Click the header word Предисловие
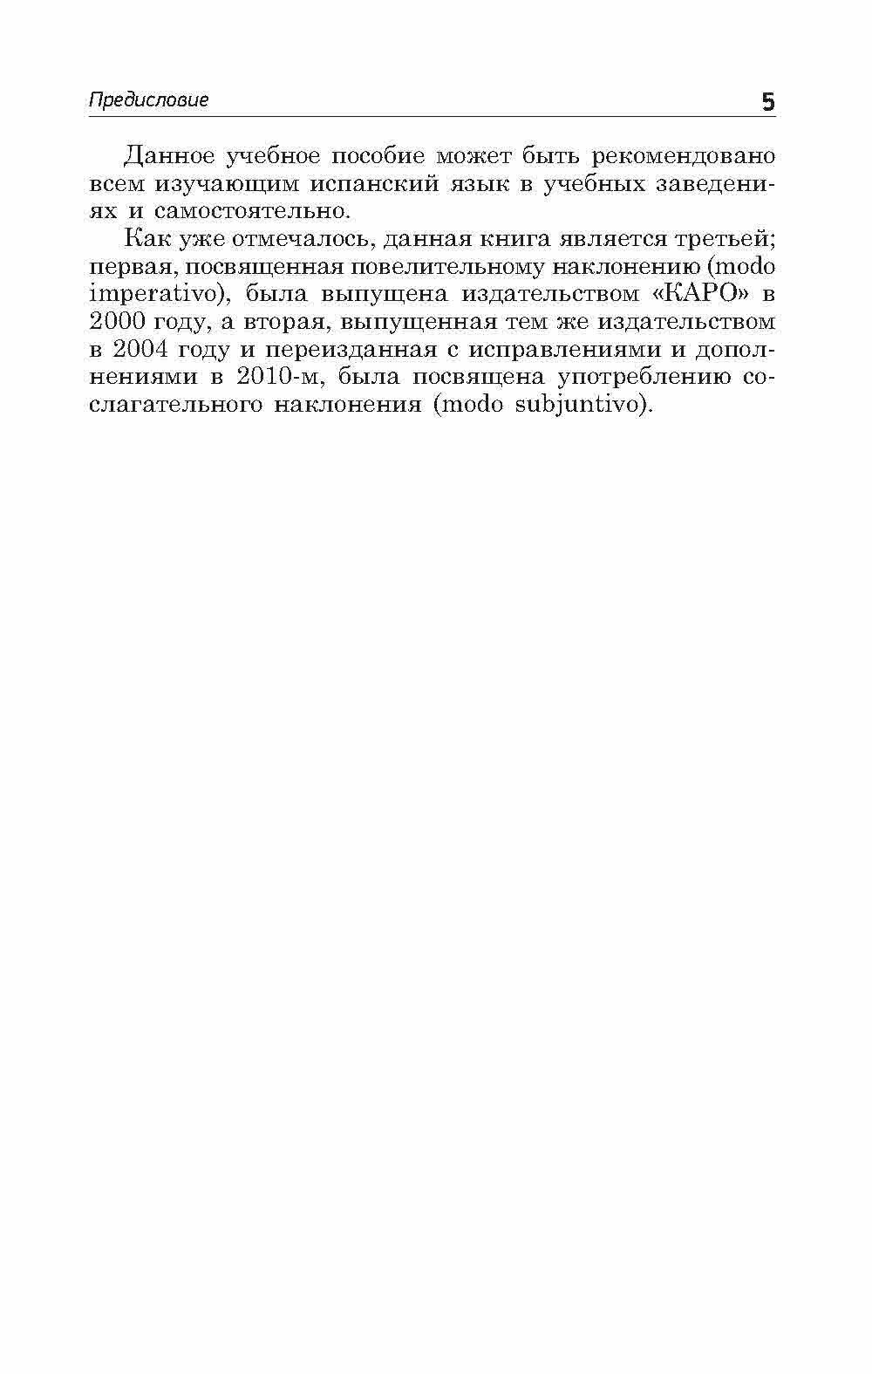[149, 99]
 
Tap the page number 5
[767, 102]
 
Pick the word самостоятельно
[254, 211]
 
